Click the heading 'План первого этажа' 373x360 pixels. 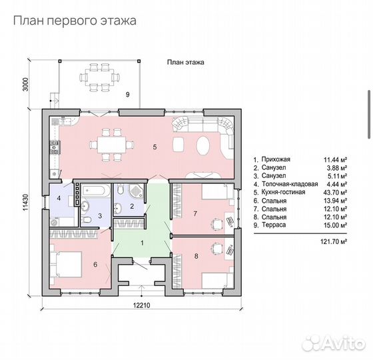coord(74,21)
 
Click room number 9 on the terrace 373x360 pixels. coord(127,95)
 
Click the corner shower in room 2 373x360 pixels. coord(137,192)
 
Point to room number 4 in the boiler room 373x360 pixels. coord(59,198)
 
